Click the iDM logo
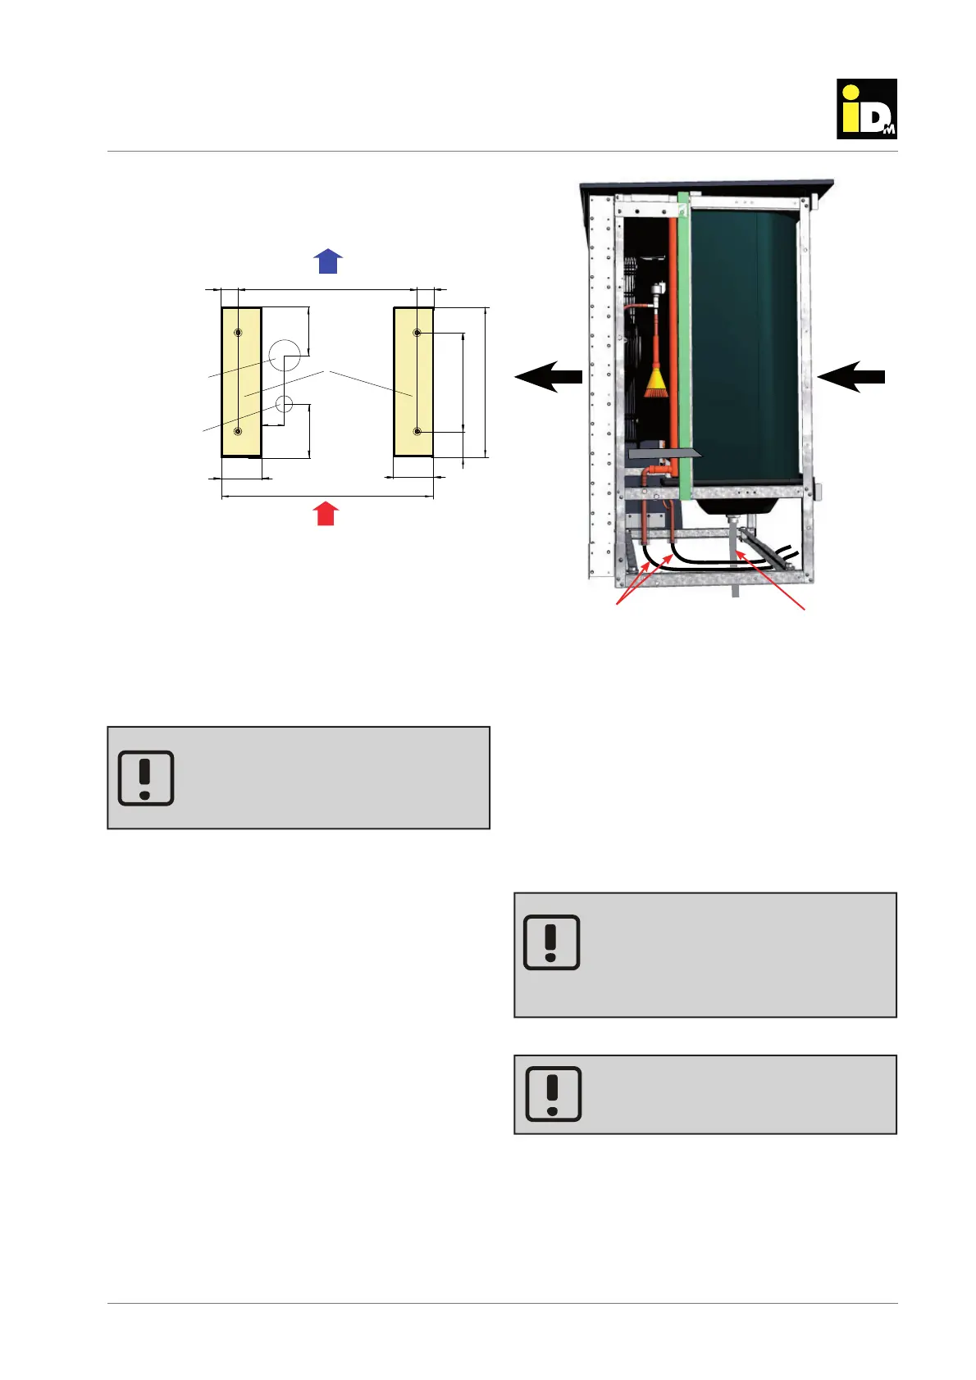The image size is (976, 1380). point(866,109)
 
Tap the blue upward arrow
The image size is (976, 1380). point(328,261)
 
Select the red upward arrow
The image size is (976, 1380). point(326,514)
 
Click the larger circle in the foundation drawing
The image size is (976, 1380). point(285,354)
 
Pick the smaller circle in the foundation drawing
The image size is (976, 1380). point(285,403)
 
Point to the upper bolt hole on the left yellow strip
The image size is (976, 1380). point(238,333)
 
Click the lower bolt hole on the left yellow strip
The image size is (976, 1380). point(238,431)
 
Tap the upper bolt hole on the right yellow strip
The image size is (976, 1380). point(417,333)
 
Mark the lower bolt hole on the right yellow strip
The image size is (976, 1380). point(417,431)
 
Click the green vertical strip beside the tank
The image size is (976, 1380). point(684,344)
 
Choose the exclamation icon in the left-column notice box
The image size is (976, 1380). point(146,778)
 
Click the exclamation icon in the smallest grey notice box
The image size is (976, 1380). point(553,1094)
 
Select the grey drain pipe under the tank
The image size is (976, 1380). point(732,541)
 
